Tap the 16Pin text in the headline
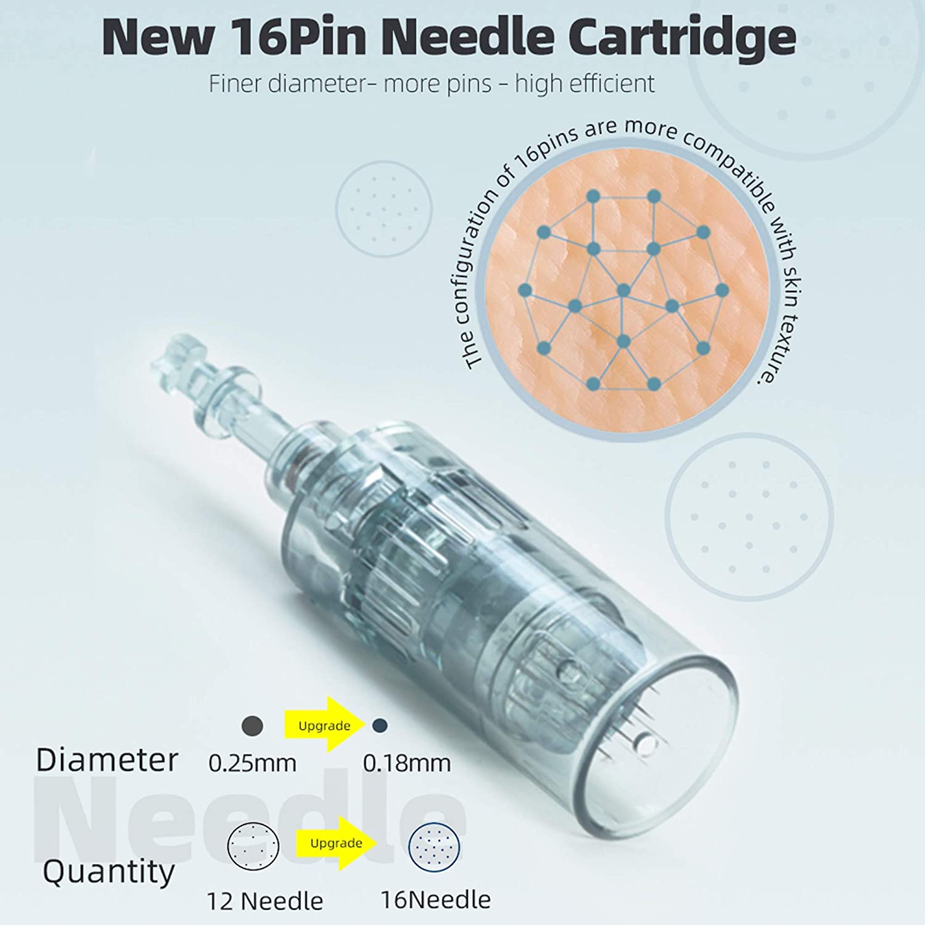pos(287,37)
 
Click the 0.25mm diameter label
pos(252,763)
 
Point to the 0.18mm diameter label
pos(406,763)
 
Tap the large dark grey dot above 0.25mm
pos(252,726)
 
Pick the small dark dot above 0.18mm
pos(380,726)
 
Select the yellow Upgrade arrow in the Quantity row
pos(337,843)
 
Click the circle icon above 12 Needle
pos(253,846)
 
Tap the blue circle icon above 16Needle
pos(435,846)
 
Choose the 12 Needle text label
pos(265,902)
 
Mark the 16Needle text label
pos(435,900)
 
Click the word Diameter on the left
pos(107,760)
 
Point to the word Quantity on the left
pos(108,871)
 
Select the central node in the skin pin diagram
pos(623,290)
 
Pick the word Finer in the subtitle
pos(234,84)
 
